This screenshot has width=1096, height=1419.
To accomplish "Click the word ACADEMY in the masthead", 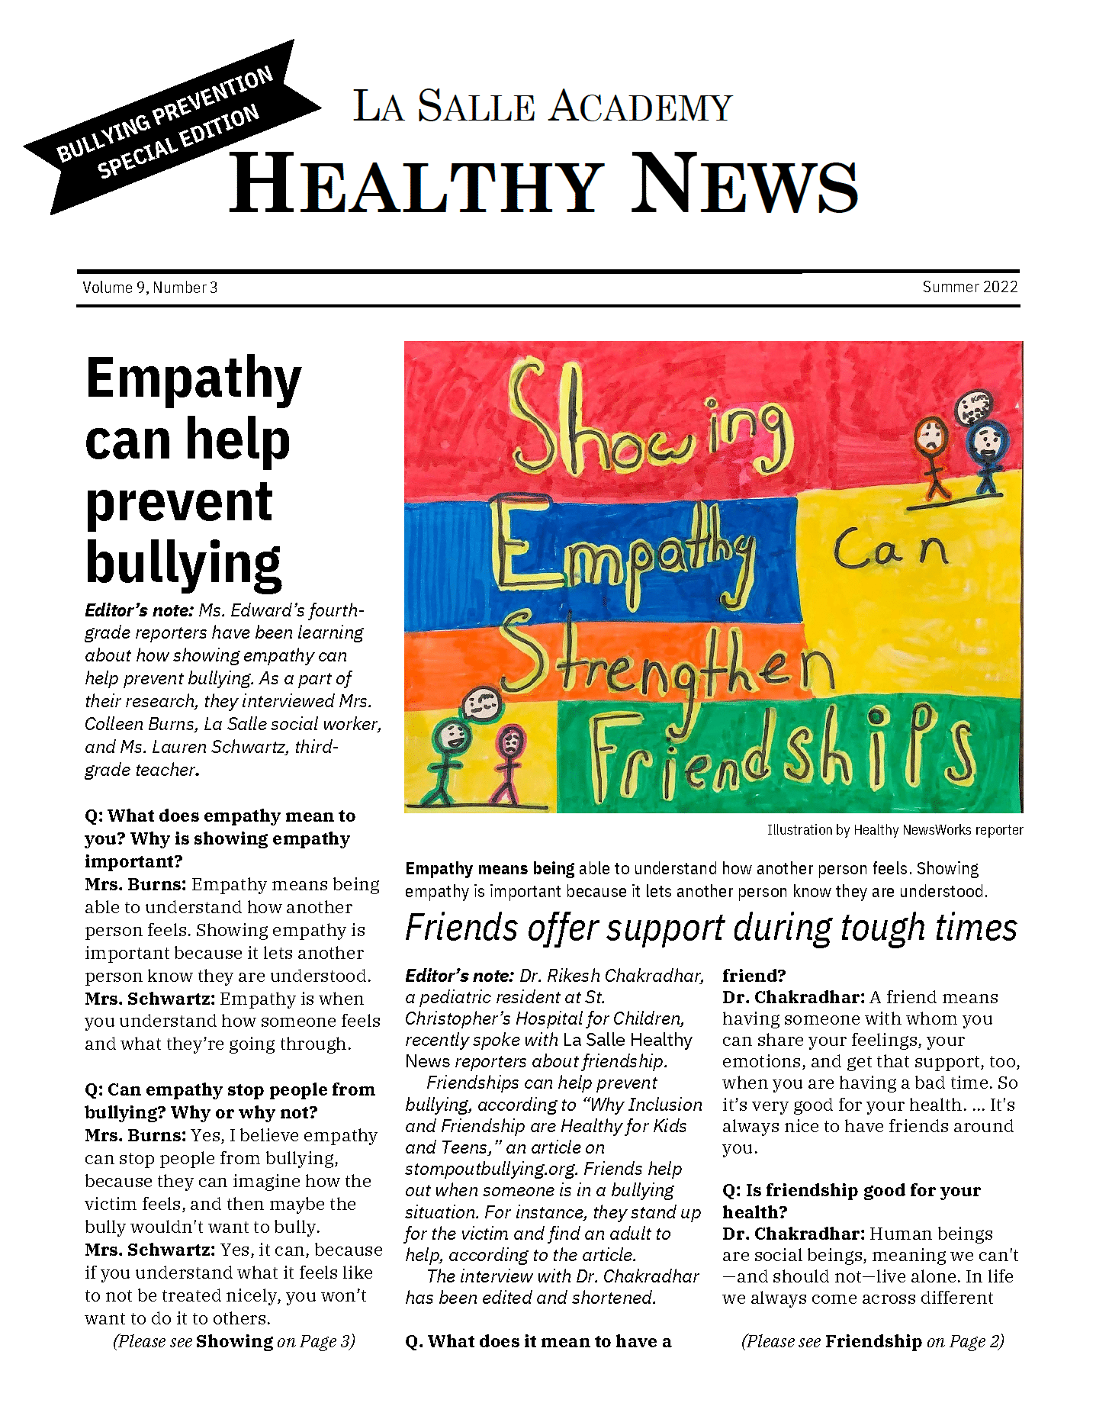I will click(641, 107).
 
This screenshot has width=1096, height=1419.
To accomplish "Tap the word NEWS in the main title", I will click(745, 185).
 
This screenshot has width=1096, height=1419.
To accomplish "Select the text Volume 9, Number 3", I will click(150, 288).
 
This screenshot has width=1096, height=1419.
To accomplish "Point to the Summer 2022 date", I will click(969, 287).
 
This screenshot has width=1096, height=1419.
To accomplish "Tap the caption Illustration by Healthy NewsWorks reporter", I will click(895, 830).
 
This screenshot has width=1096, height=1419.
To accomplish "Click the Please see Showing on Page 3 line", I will click(234, 1341).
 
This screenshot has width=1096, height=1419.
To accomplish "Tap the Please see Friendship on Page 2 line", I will click(873, 1341).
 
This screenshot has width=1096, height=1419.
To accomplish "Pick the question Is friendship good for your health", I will click(850, 1201).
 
